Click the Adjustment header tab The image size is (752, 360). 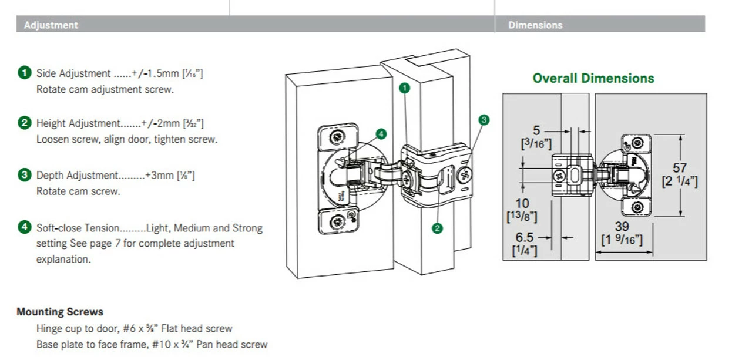[x=51, y=25]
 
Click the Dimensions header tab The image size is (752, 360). [x=535, y=25]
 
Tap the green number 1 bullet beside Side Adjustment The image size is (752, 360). [x=24, y=73]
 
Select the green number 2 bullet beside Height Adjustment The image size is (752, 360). [x=24, y=123]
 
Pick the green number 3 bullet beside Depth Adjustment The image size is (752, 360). [x=24, y=175]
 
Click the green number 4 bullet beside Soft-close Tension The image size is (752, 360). [x=24, y=227]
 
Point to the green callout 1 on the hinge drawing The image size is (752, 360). [x=404, y=88]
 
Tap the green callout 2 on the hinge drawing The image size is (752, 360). [x=437, y=228]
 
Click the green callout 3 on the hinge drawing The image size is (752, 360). [x=484, y=120]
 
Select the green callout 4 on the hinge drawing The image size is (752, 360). [x=381, y=134]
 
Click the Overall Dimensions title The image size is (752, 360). [x=593, y=79]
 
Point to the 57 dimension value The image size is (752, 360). [x=680, y=169]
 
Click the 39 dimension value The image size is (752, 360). [x=622, y=227]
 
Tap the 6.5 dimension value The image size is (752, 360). [x=524, y=237]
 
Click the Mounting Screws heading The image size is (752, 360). [x=60, y=312]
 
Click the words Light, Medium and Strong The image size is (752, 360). [x=204, y=228]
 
